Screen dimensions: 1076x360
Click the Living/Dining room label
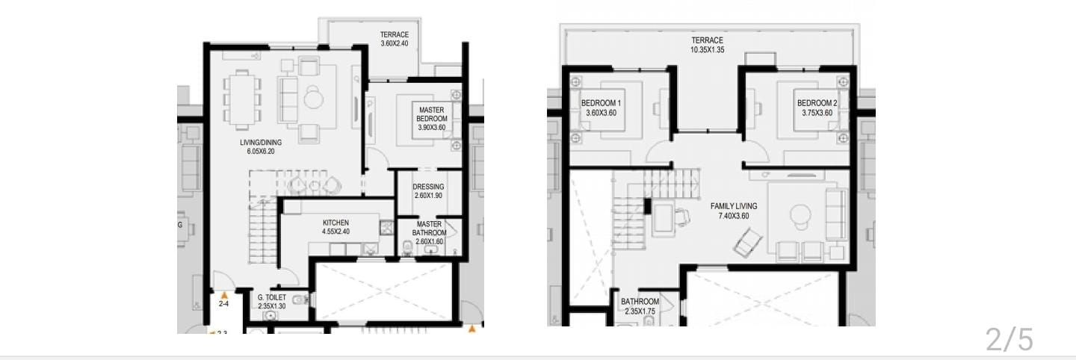pyautogui.click(x=261, y=143)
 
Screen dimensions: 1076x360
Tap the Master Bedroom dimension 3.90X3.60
pyautogui.click(x=431, y=128)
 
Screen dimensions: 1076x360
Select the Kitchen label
pyautogui.click(x=336, y=223)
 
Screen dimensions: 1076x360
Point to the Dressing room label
pyautogui.click(x=428, y=187)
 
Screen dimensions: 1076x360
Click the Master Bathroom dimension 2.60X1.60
pyautogui.click(x=429, y=241)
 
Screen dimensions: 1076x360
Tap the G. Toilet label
pyautogui.click(x=271, y=297)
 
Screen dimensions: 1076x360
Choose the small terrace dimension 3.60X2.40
pyautogui.click(x=395, y=43)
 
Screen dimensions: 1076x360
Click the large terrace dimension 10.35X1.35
pyautogui.click(x=707, y=50)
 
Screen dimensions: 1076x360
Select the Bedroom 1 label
pyautogui.click(x=601, y=103)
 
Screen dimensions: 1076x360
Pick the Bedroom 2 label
pyautogui.click(x=817, y=103)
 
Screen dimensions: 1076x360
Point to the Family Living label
pyautogui.click(x=734, y=206)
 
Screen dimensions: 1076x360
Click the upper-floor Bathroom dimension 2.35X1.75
pyautogui.click(x=640, y=311)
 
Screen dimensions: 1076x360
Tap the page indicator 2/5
pyautogui.click(x=1009, y=339)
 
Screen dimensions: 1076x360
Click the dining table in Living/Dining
pyautogui.click(x=242, y=100)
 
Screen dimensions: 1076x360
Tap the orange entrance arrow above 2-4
pyautogui.click(x=223, y=295)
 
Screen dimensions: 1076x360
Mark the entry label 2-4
pyautogui.click(x=223, y=304)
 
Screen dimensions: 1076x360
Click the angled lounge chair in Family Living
pyautogui.click(x=748, y=243)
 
